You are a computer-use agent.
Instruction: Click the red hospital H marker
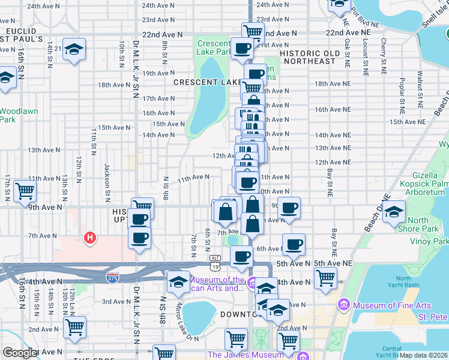click(x=90, y=238)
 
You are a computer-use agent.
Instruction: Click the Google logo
click(x=19, y=353)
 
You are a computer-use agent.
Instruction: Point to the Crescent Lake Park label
click(x=213, y=48)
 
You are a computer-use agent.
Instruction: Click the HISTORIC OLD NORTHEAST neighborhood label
click(x=312, y=56)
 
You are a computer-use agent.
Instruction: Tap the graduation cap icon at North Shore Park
click(x=394, y=212)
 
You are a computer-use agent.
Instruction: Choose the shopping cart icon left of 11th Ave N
click(x=25, y=191)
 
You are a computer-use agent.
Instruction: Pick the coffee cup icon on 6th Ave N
click(x=294, y=244)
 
